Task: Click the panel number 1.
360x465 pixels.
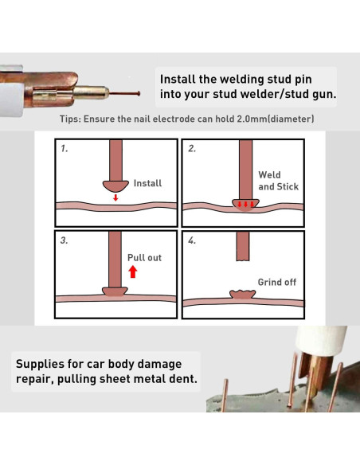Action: tap(64, 148)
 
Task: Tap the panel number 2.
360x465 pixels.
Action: tap(192, 148)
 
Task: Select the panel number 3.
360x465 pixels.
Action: tap(64, 240)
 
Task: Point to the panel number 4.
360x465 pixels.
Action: tap(192, 240)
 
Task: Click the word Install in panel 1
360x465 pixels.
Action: tap(147, 183)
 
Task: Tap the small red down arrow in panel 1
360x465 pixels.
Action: tap(115, 197)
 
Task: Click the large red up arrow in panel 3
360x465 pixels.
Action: tap(133, 272)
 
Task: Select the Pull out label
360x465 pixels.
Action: tap(144, 258)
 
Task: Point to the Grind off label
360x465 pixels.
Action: tap(277, 282)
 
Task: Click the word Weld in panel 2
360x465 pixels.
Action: tap(269, 174)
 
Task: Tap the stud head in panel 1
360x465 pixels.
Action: tap(115, 186)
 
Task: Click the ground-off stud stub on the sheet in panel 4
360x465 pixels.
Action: tap(243, 294)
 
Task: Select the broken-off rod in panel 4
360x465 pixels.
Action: tap(243, 247)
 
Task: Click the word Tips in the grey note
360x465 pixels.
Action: tap(70, 119)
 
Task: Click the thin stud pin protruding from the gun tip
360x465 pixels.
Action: tap(124, 94)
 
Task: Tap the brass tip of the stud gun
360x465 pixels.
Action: tap(91, 93)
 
